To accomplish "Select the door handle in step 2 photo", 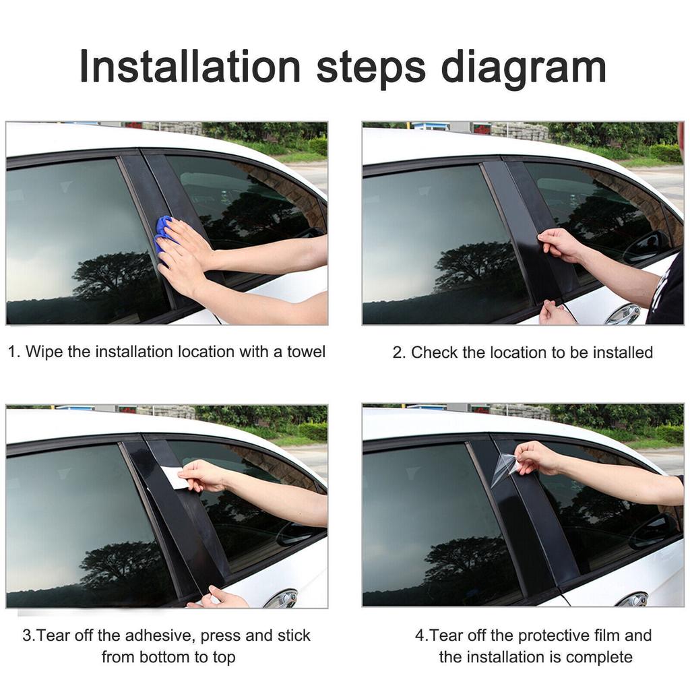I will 624,314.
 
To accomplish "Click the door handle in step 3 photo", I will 282,598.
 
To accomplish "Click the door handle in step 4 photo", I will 633,599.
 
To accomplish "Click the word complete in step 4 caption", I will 599,657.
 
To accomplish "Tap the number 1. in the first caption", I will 14,352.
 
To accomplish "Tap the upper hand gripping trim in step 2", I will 559,244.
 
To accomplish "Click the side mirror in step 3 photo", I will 296,533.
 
